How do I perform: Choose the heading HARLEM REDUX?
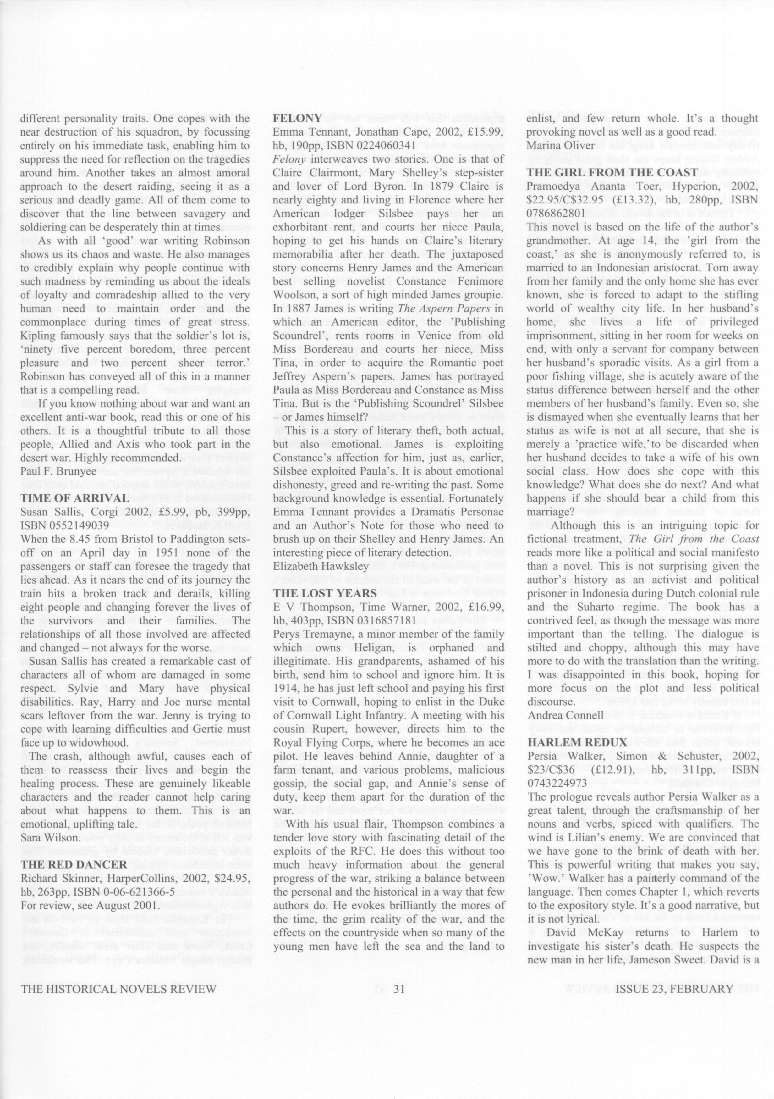[577, 742]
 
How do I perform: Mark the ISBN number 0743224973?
[556, 783]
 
